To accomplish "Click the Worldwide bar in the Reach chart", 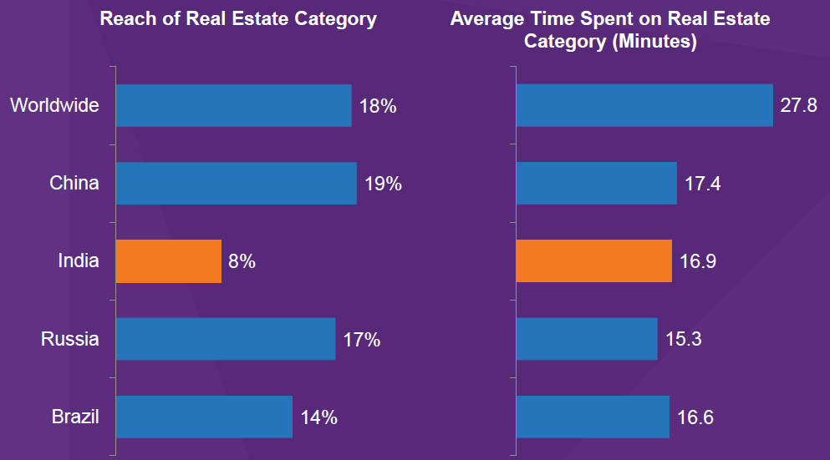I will tap(233, 105).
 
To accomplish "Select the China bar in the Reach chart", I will tap(236, 183).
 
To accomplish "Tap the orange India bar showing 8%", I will tap(168, 261).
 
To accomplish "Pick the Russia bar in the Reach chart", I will tap(225, 339).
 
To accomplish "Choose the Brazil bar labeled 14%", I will tap(204, 417).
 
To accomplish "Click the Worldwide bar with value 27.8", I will tap(644, 105).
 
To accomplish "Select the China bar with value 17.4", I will tap(597, 183).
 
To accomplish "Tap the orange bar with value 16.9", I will tap(594, 261).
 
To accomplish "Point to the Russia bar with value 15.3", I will tap(587, 339).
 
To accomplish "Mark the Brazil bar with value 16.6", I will tap(593, 417).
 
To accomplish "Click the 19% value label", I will tap(383, 184).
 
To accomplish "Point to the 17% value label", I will tap(361, 340).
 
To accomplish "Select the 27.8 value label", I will tap(798, 106).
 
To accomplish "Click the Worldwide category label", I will tap(54, 106).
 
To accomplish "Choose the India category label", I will tap(78, 261).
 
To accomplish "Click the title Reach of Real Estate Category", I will tap(238, 18).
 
